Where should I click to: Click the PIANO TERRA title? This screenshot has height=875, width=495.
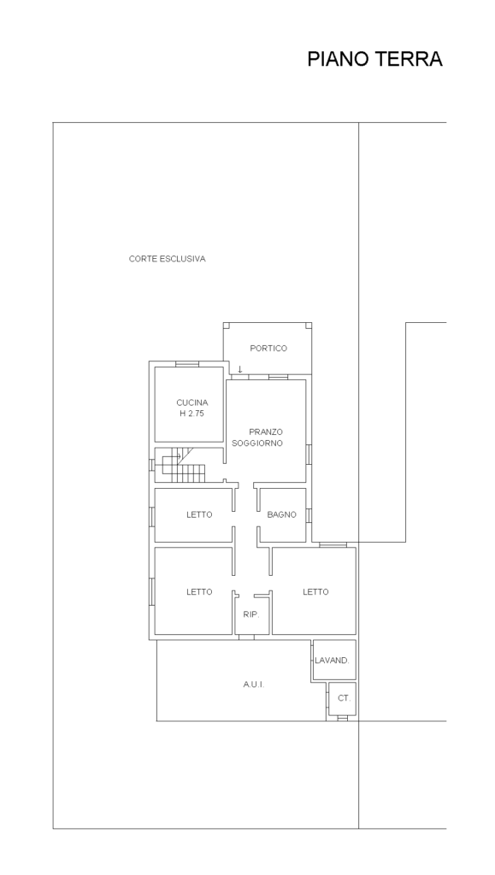374,59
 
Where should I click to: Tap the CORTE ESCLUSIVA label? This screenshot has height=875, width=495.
167,259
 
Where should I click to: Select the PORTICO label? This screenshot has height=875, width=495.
268,349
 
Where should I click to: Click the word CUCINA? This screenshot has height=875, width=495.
192,402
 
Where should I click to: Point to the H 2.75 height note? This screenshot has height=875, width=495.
192,414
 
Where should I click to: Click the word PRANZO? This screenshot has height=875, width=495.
266,432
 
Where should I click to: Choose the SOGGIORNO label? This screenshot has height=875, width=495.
257,443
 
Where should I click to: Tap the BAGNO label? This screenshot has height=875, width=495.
282,514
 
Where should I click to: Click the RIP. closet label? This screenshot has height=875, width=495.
251,614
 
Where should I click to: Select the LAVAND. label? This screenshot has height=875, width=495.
332,661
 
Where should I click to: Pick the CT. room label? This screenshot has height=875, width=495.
345,698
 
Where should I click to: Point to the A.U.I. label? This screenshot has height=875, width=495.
253,684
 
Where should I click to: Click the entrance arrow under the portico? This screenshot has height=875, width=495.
240,369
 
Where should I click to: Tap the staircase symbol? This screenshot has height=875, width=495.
180,465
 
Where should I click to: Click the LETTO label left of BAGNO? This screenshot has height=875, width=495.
199,514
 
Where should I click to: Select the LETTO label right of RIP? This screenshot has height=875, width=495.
315,591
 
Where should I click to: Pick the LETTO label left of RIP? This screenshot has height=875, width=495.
199,591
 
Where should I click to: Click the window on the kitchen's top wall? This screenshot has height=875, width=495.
187,364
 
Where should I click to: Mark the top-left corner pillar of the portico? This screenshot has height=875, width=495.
227,326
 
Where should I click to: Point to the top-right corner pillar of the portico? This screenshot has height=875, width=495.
309,326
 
